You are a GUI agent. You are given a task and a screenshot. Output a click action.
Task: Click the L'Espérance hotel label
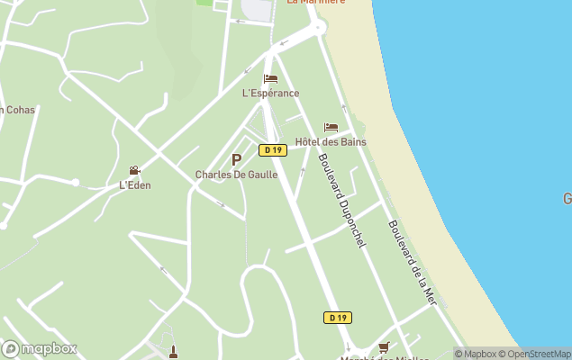click(x=270, y=93)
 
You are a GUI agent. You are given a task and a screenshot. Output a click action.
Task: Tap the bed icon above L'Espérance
click(x=270, y=79)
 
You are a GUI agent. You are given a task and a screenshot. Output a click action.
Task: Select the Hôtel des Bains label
click(x=331, y=141)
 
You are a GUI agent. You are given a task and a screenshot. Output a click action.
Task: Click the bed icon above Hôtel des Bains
click(x=331, y=128)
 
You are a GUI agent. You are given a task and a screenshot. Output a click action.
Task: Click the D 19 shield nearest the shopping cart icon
click(x=337, y=318)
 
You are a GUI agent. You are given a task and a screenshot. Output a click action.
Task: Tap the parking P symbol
click(x=236, y=159)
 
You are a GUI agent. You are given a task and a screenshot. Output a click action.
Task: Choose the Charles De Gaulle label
click(x=235, y=175)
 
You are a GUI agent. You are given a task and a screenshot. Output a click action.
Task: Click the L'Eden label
click(x=135, y=185)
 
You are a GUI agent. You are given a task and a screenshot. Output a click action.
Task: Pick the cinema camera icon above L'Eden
click(x=135, y=171)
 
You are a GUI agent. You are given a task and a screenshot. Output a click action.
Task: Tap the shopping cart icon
click(x=384, y=346)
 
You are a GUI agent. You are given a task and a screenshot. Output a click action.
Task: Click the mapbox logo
click(x=40, y=348)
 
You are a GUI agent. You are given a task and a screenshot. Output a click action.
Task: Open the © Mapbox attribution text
click(x=477, y=354)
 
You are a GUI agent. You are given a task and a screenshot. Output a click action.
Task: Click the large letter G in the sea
click(x=567, y=198)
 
